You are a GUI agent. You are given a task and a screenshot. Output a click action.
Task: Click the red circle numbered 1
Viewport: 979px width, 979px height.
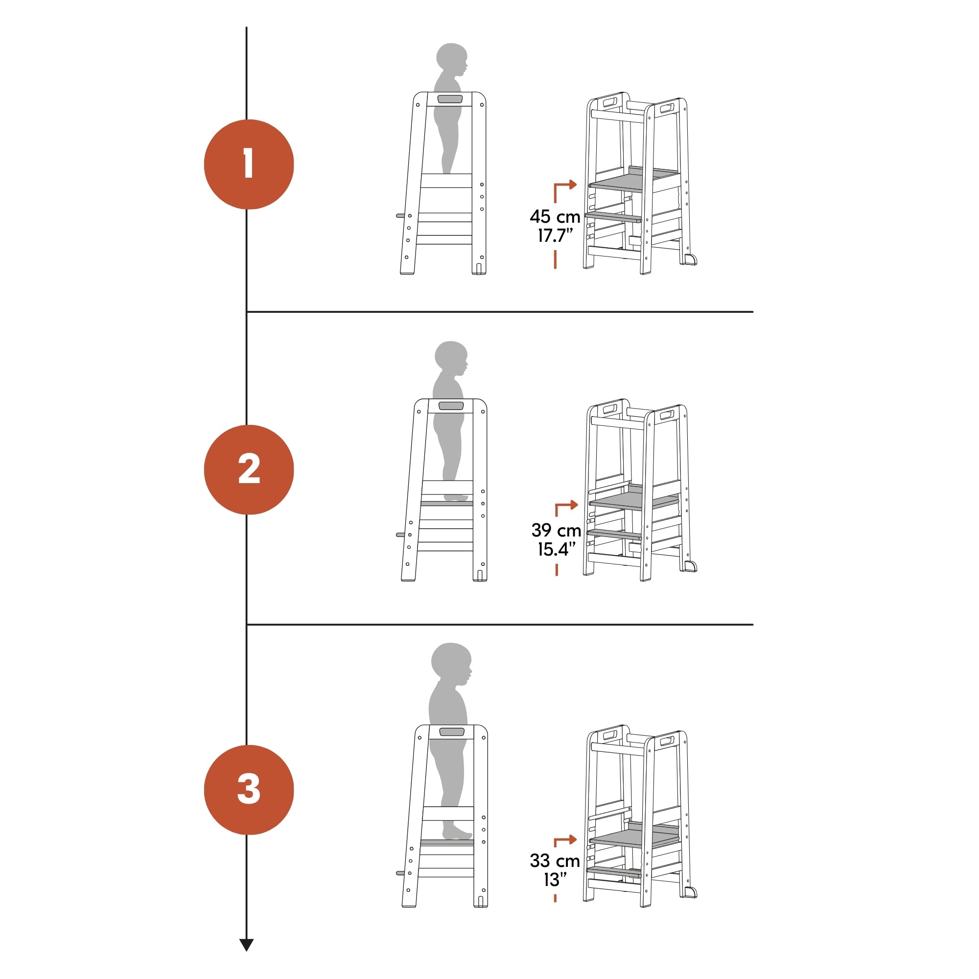click(249, 164)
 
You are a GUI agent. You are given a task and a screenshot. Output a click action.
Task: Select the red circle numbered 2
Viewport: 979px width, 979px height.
click(249, 470)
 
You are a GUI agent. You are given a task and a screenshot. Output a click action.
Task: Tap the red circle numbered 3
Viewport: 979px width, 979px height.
click(249, 790)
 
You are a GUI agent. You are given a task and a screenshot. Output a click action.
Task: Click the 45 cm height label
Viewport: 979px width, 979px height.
click(555, 217)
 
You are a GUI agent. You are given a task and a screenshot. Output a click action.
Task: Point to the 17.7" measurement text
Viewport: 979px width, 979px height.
click(556, 235)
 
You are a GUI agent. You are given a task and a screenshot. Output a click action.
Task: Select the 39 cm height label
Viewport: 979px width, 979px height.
click(556, 531)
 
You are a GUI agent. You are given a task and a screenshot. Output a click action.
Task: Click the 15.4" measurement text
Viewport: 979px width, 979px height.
click(557, 549)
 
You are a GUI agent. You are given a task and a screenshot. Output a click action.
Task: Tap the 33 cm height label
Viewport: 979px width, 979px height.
click(555, 861)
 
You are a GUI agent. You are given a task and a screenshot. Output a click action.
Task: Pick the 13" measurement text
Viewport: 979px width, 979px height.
click(556, 880)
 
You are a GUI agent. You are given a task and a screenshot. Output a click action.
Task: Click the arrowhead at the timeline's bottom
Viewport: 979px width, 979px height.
click(246, 945)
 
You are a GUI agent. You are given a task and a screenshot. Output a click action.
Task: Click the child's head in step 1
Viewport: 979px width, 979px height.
click(452, 60)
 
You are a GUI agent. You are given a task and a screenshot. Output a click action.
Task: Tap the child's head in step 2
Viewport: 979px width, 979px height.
click(451, 358)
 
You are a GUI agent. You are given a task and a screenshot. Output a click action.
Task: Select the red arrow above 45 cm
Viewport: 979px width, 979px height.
click(564, 190)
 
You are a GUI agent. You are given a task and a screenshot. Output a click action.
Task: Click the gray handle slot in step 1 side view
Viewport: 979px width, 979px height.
click(450, 99)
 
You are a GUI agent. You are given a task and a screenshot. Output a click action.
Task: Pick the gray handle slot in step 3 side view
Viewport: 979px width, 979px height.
click(452, 732)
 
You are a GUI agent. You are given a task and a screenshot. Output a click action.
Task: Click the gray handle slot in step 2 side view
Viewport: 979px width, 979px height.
click(451, 406)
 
